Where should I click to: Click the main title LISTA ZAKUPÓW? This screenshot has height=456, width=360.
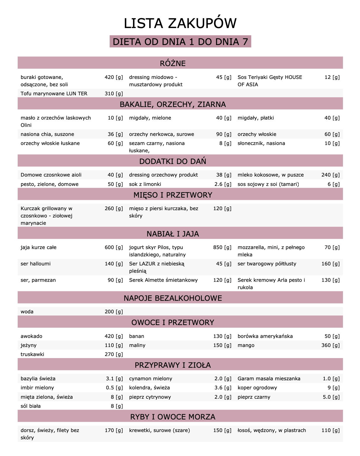tap(180, 23)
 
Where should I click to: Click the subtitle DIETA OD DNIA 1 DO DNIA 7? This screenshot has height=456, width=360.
tap(180, 42)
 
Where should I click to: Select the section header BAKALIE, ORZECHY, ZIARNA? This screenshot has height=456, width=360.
tap(173, 104)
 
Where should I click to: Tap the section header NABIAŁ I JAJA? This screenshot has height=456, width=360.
tap(173, 234)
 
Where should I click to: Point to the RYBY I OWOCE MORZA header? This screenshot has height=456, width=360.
tap(173, 417)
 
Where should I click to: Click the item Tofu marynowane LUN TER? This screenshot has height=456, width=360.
tap(54, 94)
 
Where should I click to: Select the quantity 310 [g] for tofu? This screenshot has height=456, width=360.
tap(114, 94)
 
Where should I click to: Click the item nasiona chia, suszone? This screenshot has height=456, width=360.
tap(47, 134)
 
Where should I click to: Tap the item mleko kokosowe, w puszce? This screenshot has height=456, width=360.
tap(271, 175)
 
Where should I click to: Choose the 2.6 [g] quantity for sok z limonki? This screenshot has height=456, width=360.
tap(223, 184)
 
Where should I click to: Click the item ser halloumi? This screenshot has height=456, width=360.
tap(36, 264)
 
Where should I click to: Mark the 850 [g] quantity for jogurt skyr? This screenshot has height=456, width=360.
tap(222, 247)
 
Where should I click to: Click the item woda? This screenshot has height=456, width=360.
tap(27, 312)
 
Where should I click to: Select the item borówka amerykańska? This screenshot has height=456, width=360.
tap(265, 336)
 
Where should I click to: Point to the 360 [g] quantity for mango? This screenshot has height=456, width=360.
tap(330, 345)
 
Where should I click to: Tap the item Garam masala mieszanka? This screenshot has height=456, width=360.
tap(269, 379)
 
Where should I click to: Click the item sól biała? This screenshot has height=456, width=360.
tap(31, 406)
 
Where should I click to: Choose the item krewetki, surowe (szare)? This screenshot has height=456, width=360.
tap(160, 430)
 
